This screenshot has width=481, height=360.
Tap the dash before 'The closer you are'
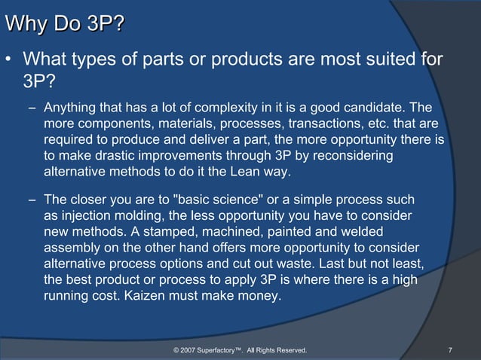coord(32,199)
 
